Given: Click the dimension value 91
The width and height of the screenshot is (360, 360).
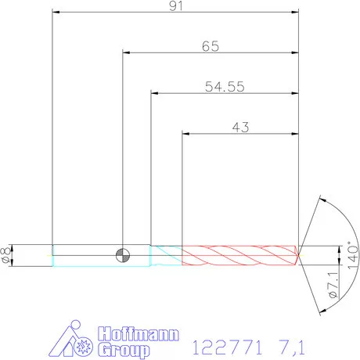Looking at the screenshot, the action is coord(176,5).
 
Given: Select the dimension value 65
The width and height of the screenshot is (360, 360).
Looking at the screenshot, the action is coord(211,46).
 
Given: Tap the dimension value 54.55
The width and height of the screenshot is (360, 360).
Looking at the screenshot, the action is coord(225,87).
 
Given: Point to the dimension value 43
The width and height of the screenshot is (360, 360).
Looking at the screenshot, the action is coord(240,128).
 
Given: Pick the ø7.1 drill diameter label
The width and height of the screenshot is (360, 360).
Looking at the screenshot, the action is coord(333,285).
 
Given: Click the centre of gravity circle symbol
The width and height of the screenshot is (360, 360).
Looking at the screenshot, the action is coord(123,255).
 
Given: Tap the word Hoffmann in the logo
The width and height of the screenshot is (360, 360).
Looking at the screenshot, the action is coord(139,333).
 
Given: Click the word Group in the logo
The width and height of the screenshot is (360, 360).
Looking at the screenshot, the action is coord(124,349).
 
